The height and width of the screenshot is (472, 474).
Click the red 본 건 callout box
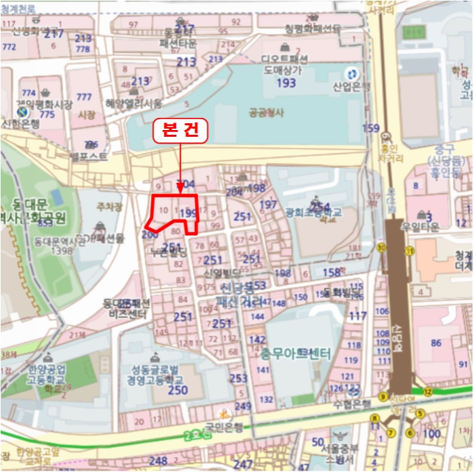180,131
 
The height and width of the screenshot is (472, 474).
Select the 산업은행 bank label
351,87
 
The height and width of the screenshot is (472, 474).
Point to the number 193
286,83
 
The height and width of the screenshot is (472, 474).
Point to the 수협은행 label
352,404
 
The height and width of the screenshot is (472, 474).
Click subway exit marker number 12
427,391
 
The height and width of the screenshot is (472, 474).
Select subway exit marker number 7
389,432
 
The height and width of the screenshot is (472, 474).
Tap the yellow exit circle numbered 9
383,397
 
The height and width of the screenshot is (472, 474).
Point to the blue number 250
177,390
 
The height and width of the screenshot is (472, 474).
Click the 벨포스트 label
89,156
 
